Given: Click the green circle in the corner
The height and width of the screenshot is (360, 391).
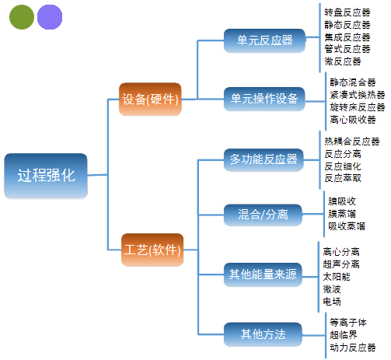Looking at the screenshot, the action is pos(22,17).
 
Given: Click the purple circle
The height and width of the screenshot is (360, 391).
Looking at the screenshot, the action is pos(50,17).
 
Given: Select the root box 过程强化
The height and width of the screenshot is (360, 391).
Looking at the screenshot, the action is pos(46,176).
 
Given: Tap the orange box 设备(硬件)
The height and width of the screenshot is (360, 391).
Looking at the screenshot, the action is pos(150,99).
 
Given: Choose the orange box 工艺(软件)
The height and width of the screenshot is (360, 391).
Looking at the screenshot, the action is pos(152,250).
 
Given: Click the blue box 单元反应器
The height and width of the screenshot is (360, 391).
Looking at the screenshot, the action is pos(264,40).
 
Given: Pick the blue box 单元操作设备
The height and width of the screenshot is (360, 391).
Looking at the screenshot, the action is pos(264,99).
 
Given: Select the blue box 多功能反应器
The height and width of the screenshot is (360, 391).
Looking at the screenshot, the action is pos(264,159).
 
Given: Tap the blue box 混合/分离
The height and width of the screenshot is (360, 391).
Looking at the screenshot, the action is pos(263,215).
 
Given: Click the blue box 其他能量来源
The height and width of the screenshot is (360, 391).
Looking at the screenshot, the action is pos(263,274).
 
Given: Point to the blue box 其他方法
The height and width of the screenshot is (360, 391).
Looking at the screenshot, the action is pos(263,334).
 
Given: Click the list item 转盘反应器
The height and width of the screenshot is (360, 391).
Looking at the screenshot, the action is pos(347,12).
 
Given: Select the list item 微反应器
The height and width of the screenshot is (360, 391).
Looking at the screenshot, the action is pos(343,61).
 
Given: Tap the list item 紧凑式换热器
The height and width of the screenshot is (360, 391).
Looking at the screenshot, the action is pos(358,95).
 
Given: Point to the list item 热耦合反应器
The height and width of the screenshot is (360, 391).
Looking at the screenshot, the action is pos(352,142).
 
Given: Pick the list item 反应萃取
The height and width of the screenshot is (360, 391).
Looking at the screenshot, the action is pos(343,178).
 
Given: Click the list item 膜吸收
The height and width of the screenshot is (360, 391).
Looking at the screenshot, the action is pos(342,201).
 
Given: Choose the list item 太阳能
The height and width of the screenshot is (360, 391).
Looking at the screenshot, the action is pos(337,277).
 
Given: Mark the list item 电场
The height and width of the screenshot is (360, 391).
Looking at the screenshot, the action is pos(332,302).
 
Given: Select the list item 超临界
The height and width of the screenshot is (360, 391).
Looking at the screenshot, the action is pos(344,335).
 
